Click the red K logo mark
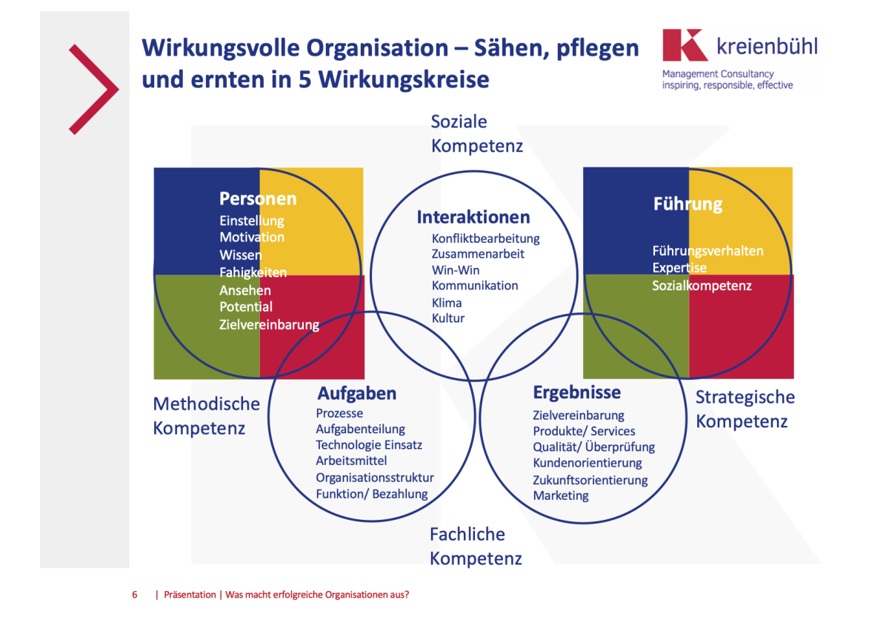[x=685, y=45]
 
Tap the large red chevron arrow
[x=94, y=90]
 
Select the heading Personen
[x=258, y=198]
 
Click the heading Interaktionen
[x=473, y=217]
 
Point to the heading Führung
[x=687, y=204]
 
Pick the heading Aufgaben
[x=357, y=393]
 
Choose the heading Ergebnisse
[x=576, y=392]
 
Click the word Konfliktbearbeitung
[x=485, y=238]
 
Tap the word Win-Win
[x=456, y=270]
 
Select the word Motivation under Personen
[x=252, y=237]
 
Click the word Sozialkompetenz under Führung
[x=702, y=286]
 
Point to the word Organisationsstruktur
[x=375, y=478]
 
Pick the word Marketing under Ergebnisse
[x=561, y=496]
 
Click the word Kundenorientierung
[x=587, y=463]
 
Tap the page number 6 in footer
[x=135, y=595]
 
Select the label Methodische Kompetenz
[x=207, y=415]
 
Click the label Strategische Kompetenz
[x=745, y=409]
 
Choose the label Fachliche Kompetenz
[x=476, y=547]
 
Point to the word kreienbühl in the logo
[x=767, y=46]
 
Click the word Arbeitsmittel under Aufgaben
[x=351, y=461]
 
